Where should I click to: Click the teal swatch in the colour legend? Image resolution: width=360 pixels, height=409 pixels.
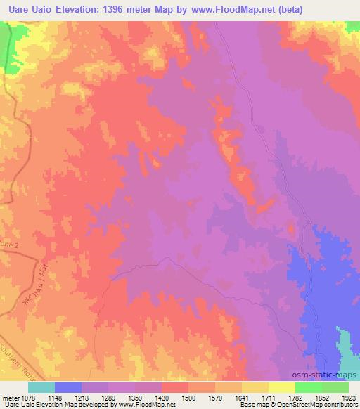click(41, 387)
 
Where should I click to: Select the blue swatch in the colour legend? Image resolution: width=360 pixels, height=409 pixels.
click(68, 387)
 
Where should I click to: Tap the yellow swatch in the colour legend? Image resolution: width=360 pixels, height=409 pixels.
click(281, 387)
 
